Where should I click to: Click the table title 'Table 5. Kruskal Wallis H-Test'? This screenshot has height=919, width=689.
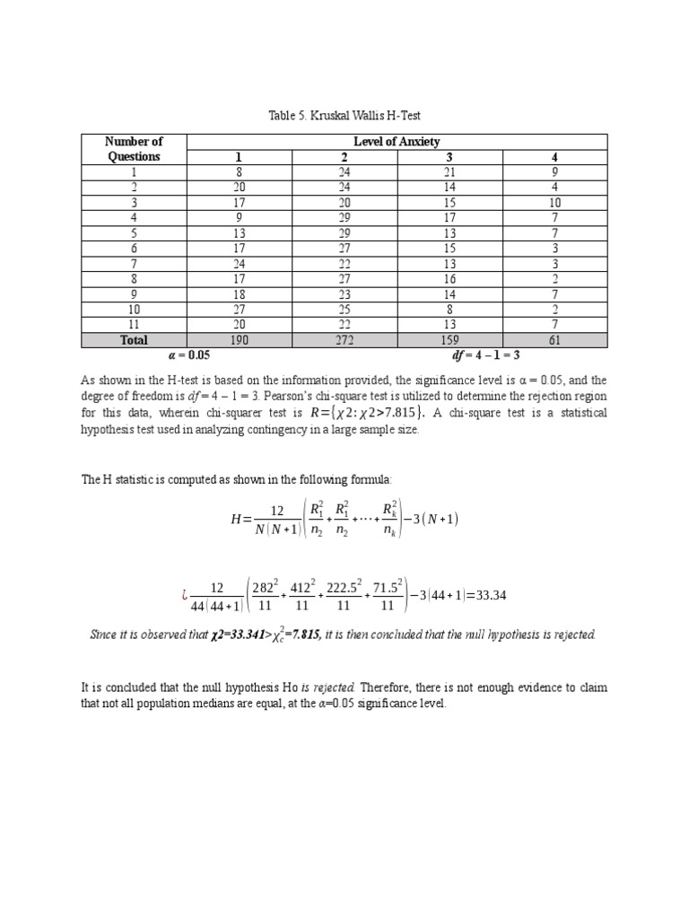344,116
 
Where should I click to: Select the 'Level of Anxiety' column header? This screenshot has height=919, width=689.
397,142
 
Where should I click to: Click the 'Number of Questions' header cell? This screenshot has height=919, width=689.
135,149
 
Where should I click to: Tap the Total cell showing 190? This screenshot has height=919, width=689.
239,340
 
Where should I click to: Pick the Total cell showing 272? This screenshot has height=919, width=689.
344,340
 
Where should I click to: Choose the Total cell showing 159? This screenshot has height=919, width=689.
449,340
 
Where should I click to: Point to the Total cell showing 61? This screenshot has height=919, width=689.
554,340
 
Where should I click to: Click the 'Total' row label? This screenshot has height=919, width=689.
135,340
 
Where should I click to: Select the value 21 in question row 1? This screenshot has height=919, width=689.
449,172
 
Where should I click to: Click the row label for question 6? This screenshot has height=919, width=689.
135,248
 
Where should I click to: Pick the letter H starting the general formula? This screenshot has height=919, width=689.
235,520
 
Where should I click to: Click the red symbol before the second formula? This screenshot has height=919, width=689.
185,594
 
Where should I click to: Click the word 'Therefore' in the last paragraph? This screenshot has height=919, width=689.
382,688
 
